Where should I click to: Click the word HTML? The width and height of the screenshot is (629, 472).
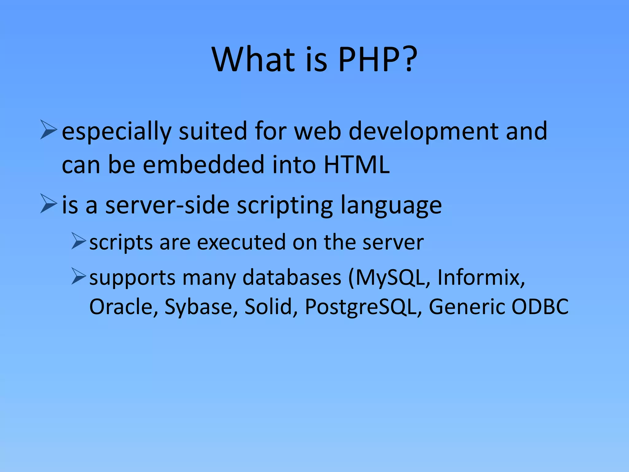[x=357, y=165]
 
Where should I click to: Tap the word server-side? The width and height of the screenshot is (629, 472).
[x=167, y=205]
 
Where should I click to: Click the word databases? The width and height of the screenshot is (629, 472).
[x=292, y=277]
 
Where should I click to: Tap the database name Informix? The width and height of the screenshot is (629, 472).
[x=481, y=277]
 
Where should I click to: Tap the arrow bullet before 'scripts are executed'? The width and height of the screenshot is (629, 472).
[x=79, y=241]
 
